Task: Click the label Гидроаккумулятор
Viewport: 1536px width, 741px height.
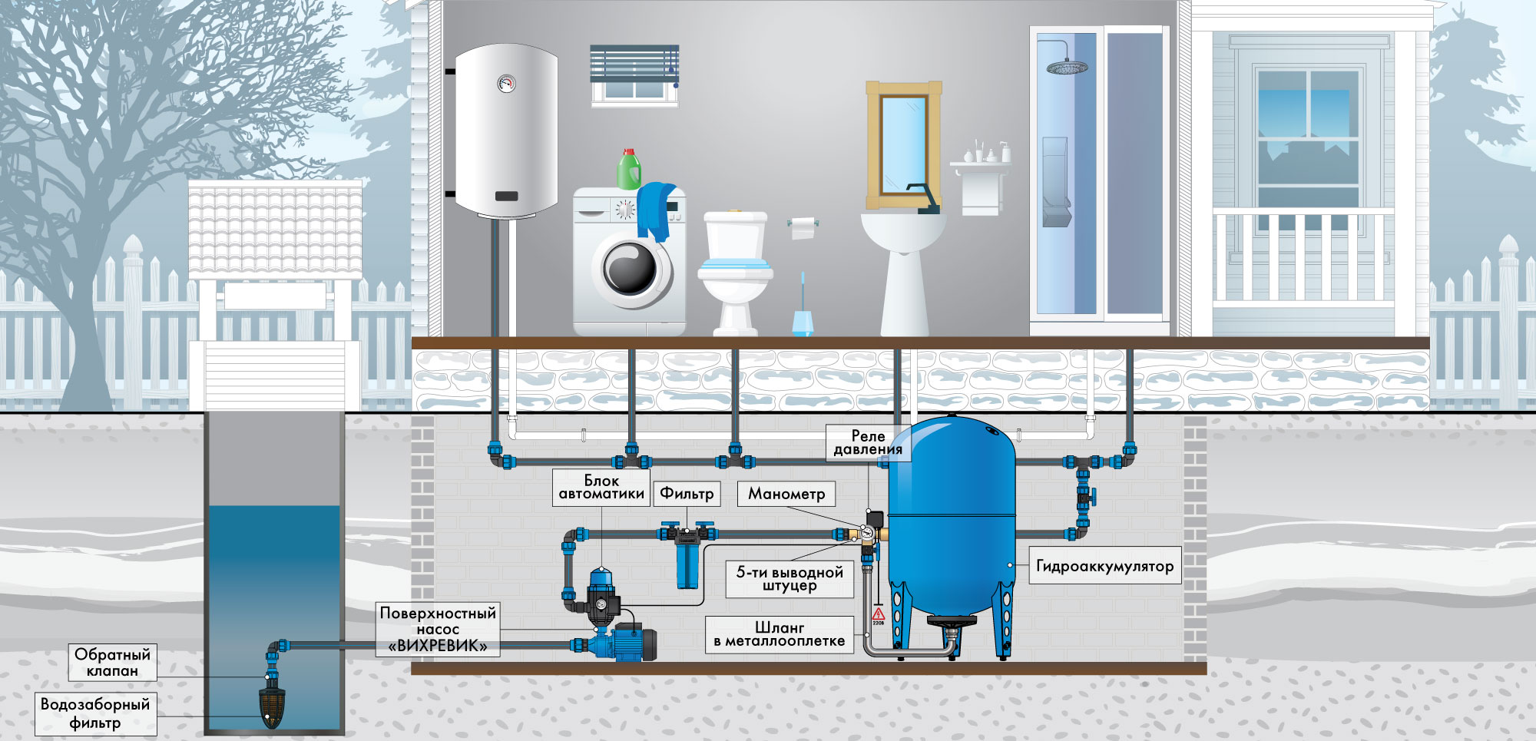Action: [1104, 566]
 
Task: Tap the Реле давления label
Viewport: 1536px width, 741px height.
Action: [868, 442]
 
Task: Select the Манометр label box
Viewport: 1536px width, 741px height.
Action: [786, 494]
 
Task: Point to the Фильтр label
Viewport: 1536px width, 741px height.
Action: [687, 494]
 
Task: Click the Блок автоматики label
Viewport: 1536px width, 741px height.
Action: [601, 487]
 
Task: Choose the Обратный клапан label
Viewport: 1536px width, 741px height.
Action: [112, 662]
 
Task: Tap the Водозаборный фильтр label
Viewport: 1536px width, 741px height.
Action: [95, 713]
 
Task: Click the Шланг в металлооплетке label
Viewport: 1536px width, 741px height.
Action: [780, 634]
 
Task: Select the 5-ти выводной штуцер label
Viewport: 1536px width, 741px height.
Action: [790, 579]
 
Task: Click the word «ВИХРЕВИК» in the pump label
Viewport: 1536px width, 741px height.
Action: [438, 646]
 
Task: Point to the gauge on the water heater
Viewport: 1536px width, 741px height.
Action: [506, 83]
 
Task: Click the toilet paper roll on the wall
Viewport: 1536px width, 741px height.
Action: [803, 227]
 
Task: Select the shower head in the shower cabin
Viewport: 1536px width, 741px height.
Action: [1066, 67]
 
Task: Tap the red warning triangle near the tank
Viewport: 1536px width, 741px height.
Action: [879, 614]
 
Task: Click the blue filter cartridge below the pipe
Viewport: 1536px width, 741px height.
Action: [688, 565]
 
